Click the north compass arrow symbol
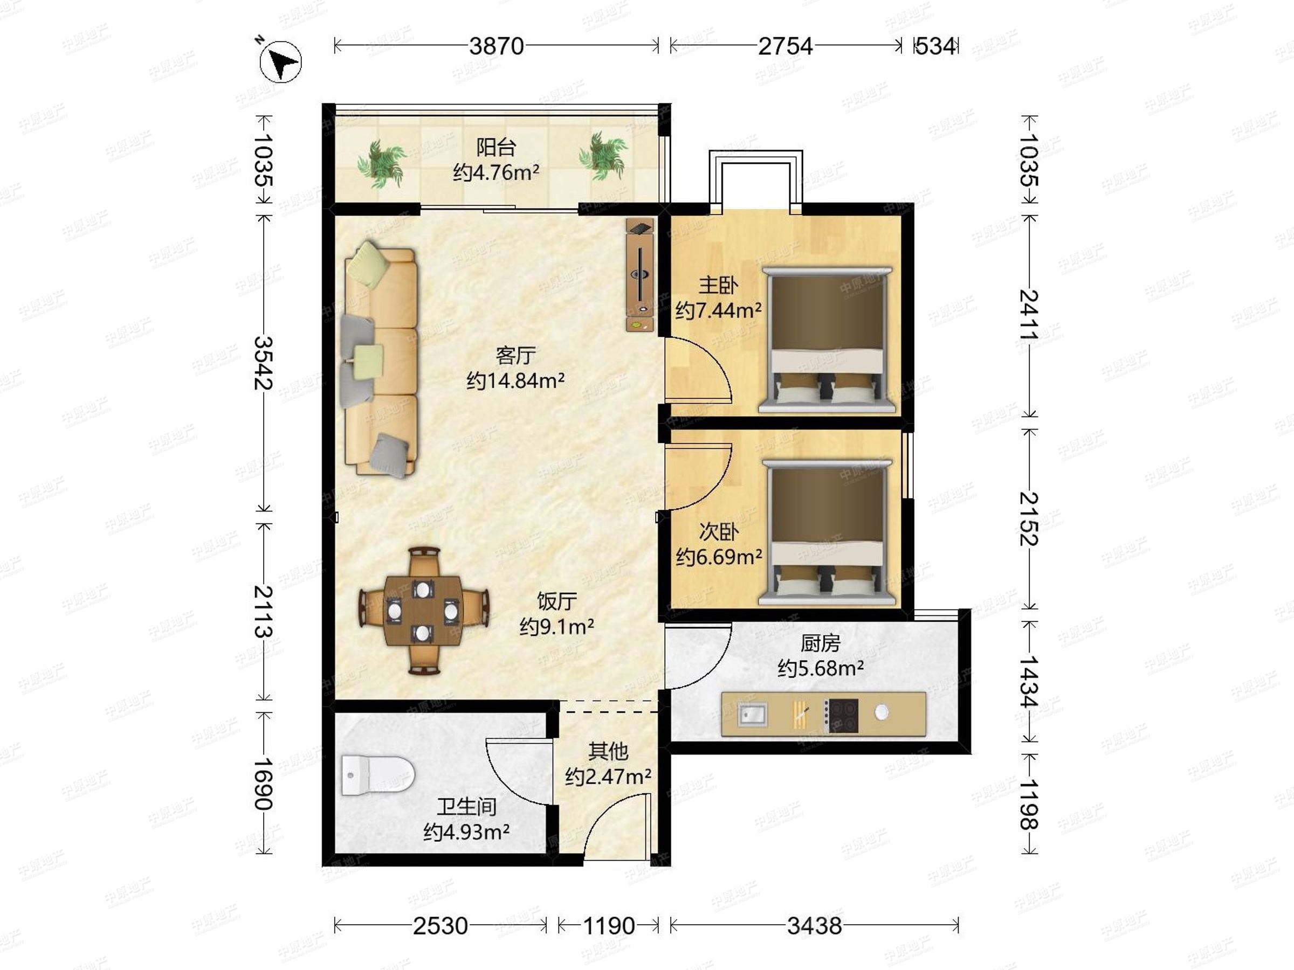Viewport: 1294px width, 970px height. click(x=281, y=61)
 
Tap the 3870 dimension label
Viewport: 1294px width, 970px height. click(x=496, y=46)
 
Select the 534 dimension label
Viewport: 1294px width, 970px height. click(x=935, y=46)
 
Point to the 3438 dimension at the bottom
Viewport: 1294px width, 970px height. click(x=814, y=926)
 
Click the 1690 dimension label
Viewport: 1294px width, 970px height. click(x=264, y=784)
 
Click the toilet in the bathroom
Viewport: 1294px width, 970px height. click(x=378, y=775)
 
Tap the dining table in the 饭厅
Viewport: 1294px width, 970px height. click(x=424, y=611)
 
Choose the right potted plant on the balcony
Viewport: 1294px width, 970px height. click(x=603, y=156)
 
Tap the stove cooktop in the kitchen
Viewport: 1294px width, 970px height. click(x=841, y=716)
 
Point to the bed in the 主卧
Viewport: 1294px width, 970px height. click(x=827, y=339)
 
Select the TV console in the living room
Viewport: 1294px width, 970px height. click(x=641, y=275)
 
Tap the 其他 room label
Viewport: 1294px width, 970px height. click(x=608, y=751)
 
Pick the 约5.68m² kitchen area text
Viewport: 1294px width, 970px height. click(x=821, y=668)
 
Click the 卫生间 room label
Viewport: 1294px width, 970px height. click(x=467, y=807)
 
